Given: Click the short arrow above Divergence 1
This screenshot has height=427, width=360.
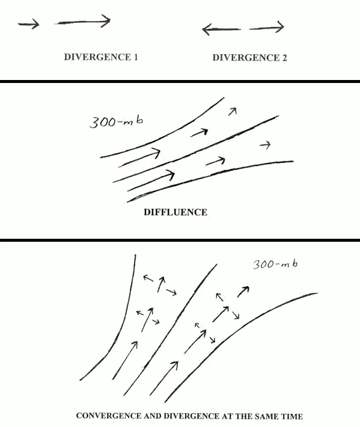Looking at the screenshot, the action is tap(28, 24).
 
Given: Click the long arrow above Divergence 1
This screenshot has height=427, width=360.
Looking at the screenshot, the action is tap(82, 22).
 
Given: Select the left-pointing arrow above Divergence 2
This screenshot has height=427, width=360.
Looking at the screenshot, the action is tap(221, 29).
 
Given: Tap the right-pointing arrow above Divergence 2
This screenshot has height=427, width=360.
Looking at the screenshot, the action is tap(267, 28).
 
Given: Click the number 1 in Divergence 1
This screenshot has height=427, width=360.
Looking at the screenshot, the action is tap(135, 57).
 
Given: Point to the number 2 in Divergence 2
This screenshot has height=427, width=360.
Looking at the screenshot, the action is tap(284, 58).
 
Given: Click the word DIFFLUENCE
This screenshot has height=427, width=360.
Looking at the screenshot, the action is tap(175, 212).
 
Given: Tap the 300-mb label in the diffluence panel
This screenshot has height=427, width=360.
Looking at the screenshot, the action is tap(116, 121).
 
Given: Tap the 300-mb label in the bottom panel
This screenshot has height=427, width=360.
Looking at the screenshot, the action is tap(275, 264).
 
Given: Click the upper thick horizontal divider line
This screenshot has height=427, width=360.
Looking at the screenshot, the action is tap(180, 81).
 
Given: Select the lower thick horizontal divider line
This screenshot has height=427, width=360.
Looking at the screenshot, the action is tap(180, 240).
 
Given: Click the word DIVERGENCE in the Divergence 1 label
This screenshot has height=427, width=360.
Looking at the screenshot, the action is tap(97, 57).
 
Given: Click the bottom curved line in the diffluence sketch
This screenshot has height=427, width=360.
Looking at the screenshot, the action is tap(210, 176).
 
